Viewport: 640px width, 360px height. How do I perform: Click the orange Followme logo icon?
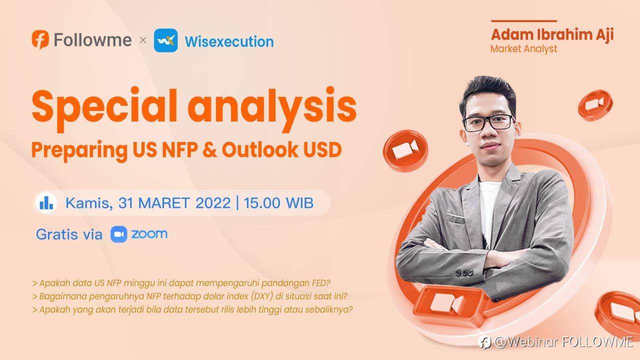pyautogui.click(x=40, y=39)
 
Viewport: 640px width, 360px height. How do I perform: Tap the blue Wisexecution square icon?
pyautogui.click(x=165, y=40)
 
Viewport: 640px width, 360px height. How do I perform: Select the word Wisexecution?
pyautogui.click(x=229, y=41)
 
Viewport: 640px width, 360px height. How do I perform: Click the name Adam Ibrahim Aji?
pyautogui.click(x=552, y=35)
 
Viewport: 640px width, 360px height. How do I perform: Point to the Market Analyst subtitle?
pyautogui.click(x=523, y=49)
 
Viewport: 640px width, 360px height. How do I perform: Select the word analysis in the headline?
pyautogui.click(x=272, y=109)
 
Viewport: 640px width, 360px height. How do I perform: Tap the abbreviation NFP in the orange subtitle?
pyautogui.click(x=180, y=149)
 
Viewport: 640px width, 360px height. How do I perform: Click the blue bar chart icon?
pyautogui.click(x=46, y=202)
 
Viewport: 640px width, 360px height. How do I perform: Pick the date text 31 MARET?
pyautogui.click(x=154, y=203)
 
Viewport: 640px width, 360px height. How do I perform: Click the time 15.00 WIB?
pyautogui.click(x=278, y=203)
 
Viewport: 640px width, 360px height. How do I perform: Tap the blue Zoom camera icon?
pyautogui.click(x=119, y=234)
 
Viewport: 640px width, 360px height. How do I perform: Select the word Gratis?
pyautogui.click(x=57, y=234)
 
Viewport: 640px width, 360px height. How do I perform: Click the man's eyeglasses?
pyautogui.click(x=488, y=123)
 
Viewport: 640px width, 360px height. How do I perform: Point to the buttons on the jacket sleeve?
pyautogui.click(x=465, y=273)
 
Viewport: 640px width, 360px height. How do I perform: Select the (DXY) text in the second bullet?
pyautogui.click(x=262, y=296)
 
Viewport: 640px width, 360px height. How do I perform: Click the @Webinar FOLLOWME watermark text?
pyautogui.click(x=563, y=342)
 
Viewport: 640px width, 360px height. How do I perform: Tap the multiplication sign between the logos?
pyautogui.click(x=143, y=40)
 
